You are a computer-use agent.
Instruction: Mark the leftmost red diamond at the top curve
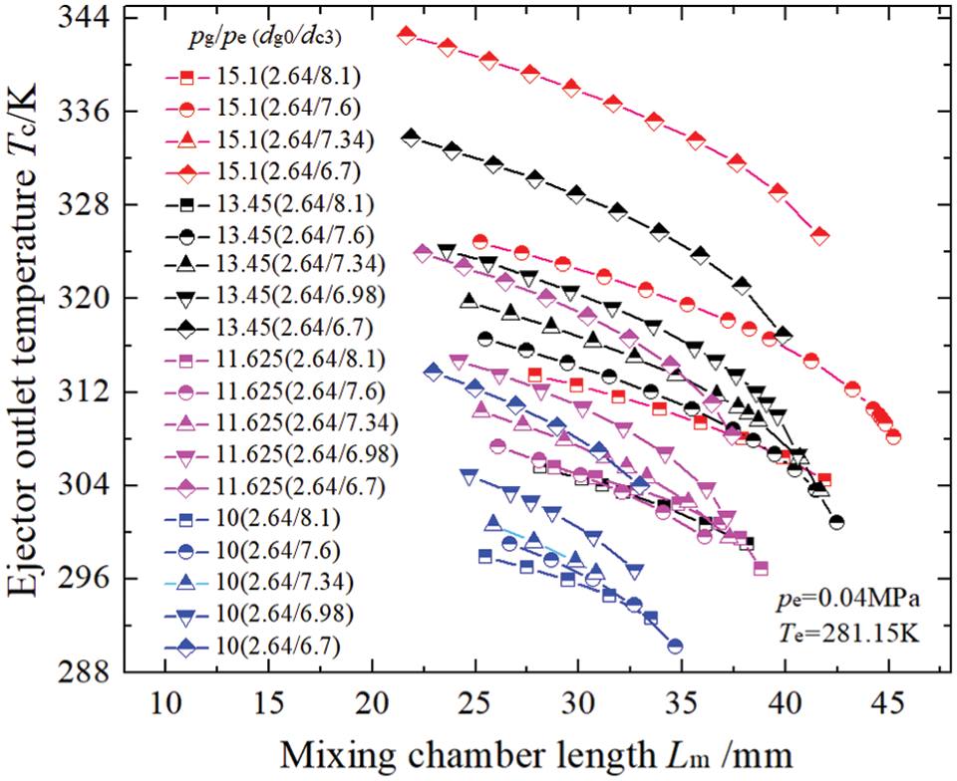point(406,35)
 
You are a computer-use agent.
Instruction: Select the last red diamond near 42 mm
point(820,236)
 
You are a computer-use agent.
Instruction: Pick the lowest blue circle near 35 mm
point(675,646)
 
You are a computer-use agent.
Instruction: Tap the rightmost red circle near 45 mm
point(893,436)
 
